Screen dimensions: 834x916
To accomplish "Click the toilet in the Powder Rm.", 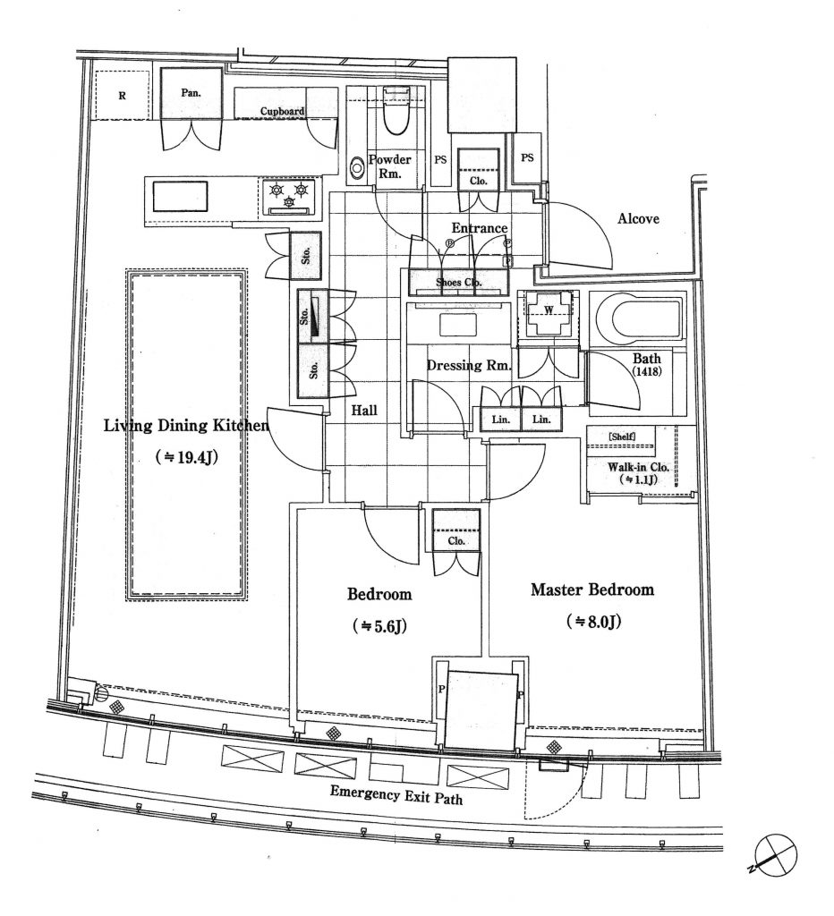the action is (397, 110).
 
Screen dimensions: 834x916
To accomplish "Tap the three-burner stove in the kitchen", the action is (289, 197).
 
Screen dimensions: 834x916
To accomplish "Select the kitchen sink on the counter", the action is (180, 197).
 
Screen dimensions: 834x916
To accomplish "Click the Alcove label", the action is (638, 219).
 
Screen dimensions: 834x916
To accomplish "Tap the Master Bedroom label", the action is (592, 589).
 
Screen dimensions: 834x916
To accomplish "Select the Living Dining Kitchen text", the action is (186, 425).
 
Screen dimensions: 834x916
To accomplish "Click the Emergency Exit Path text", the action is (396, 795).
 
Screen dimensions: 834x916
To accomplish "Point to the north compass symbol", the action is (774, 854).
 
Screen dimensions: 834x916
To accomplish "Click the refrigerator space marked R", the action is (122, 95).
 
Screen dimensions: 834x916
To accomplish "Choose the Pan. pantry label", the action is (191, 92).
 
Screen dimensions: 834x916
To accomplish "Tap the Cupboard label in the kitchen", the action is (282, 111).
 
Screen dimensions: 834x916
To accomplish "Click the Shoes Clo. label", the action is (458, 282).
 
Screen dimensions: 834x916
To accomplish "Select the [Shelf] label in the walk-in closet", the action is (622, 437).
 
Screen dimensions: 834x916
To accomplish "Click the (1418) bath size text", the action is (647, 370).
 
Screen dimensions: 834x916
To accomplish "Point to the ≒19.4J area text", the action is (187, 457).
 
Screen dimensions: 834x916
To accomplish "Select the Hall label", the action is (364, 410).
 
